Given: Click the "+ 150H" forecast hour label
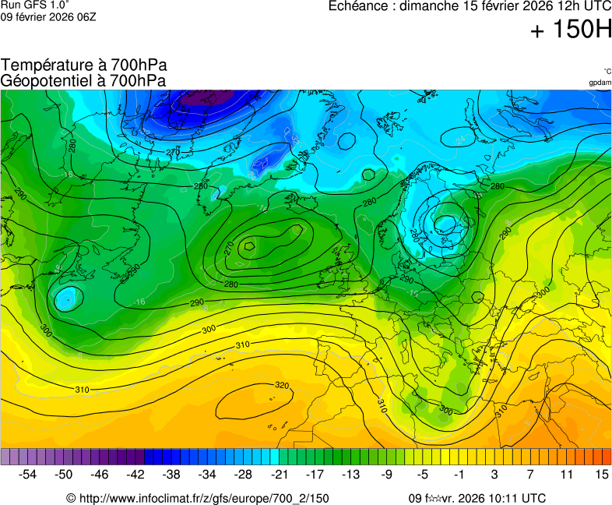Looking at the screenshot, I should pyautogui.click(x=571, y=30).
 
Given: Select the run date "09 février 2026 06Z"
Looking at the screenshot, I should pyautogui.click(x=48, y=16).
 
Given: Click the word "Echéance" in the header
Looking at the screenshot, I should pyautogui.click(x=359, y=6).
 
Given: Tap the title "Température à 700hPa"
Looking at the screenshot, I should pyautogui.click(x=84, y=65).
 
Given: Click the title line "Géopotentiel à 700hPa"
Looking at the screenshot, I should pyautogui.click(x=83, y=80).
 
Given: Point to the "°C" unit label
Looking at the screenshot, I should pyautogui.click(x=607, y=71).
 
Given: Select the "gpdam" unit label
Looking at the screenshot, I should pyautogui.click(x=600, y=82).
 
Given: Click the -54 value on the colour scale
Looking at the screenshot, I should pyautogui.click(x=28, y=474).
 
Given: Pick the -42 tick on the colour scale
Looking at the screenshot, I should pyautogui.click(x=135, y=474).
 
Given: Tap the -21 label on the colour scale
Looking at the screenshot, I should pyautogui.click(x=279, y=474).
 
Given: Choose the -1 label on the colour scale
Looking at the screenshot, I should pyautogui.click(x=459, y=474).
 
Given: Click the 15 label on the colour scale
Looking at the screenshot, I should pyautogui.click(x=602, y=474).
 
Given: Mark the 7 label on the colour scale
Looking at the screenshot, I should pyautogui.click(x=530, y=474).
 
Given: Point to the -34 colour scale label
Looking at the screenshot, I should pyautogui.click(x=207, y=474).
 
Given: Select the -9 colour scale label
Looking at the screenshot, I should pyautogui.click(x=387, y=474).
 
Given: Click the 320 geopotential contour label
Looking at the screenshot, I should pyautogui.click(x=282, y=385).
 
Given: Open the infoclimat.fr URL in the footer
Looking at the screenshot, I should pyautogui.click(x=204, y=498).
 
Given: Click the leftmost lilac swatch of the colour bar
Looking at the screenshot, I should pyautogui.click(x=5, y=457).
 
